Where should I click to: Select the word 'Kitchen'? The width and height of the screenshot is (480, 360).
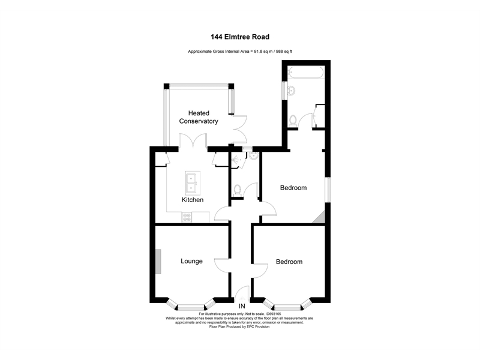pyautogui.click(x=193, y=200)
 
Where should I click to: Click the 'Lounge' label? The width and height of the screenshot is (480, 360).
pyautogui.click(x=192, y=261)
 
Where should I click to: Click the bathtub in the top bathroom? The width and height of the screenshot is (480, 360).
pyautogui.click(x=306, y=73)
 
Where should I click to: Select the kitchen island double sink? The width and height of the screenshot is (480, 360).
pyautogui.click(x=193, y=179)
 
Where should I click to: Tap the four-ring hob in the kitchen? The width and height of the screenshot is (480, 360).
pyautogui.click(x=187, y=217)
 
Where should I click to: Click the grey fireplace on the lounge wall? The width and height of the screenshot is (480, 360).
pyautogui.click(x=158, y=262)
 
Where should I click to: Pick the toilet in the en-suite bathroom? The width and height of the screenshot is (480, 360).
pyautogui.click(x=292, y=121)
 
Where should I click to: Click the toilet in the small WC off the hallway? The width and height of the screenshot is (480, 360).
pyautogui.click(x=238, y=190)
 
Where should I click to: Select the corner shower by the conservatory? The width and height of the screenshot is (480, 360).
pyautogui.click(x=236, y=160)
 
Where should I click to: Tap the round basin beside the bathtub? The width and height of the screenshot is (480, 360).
pyautogui.click(x=290, y=91)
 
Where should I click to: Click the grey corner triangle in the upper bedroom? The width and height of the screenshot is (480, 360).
pyautogui.click(x=319, y=217)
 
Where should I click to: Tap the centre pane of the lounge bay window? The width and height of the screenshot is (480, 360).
pyautogui.click(x=192, y=304)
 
